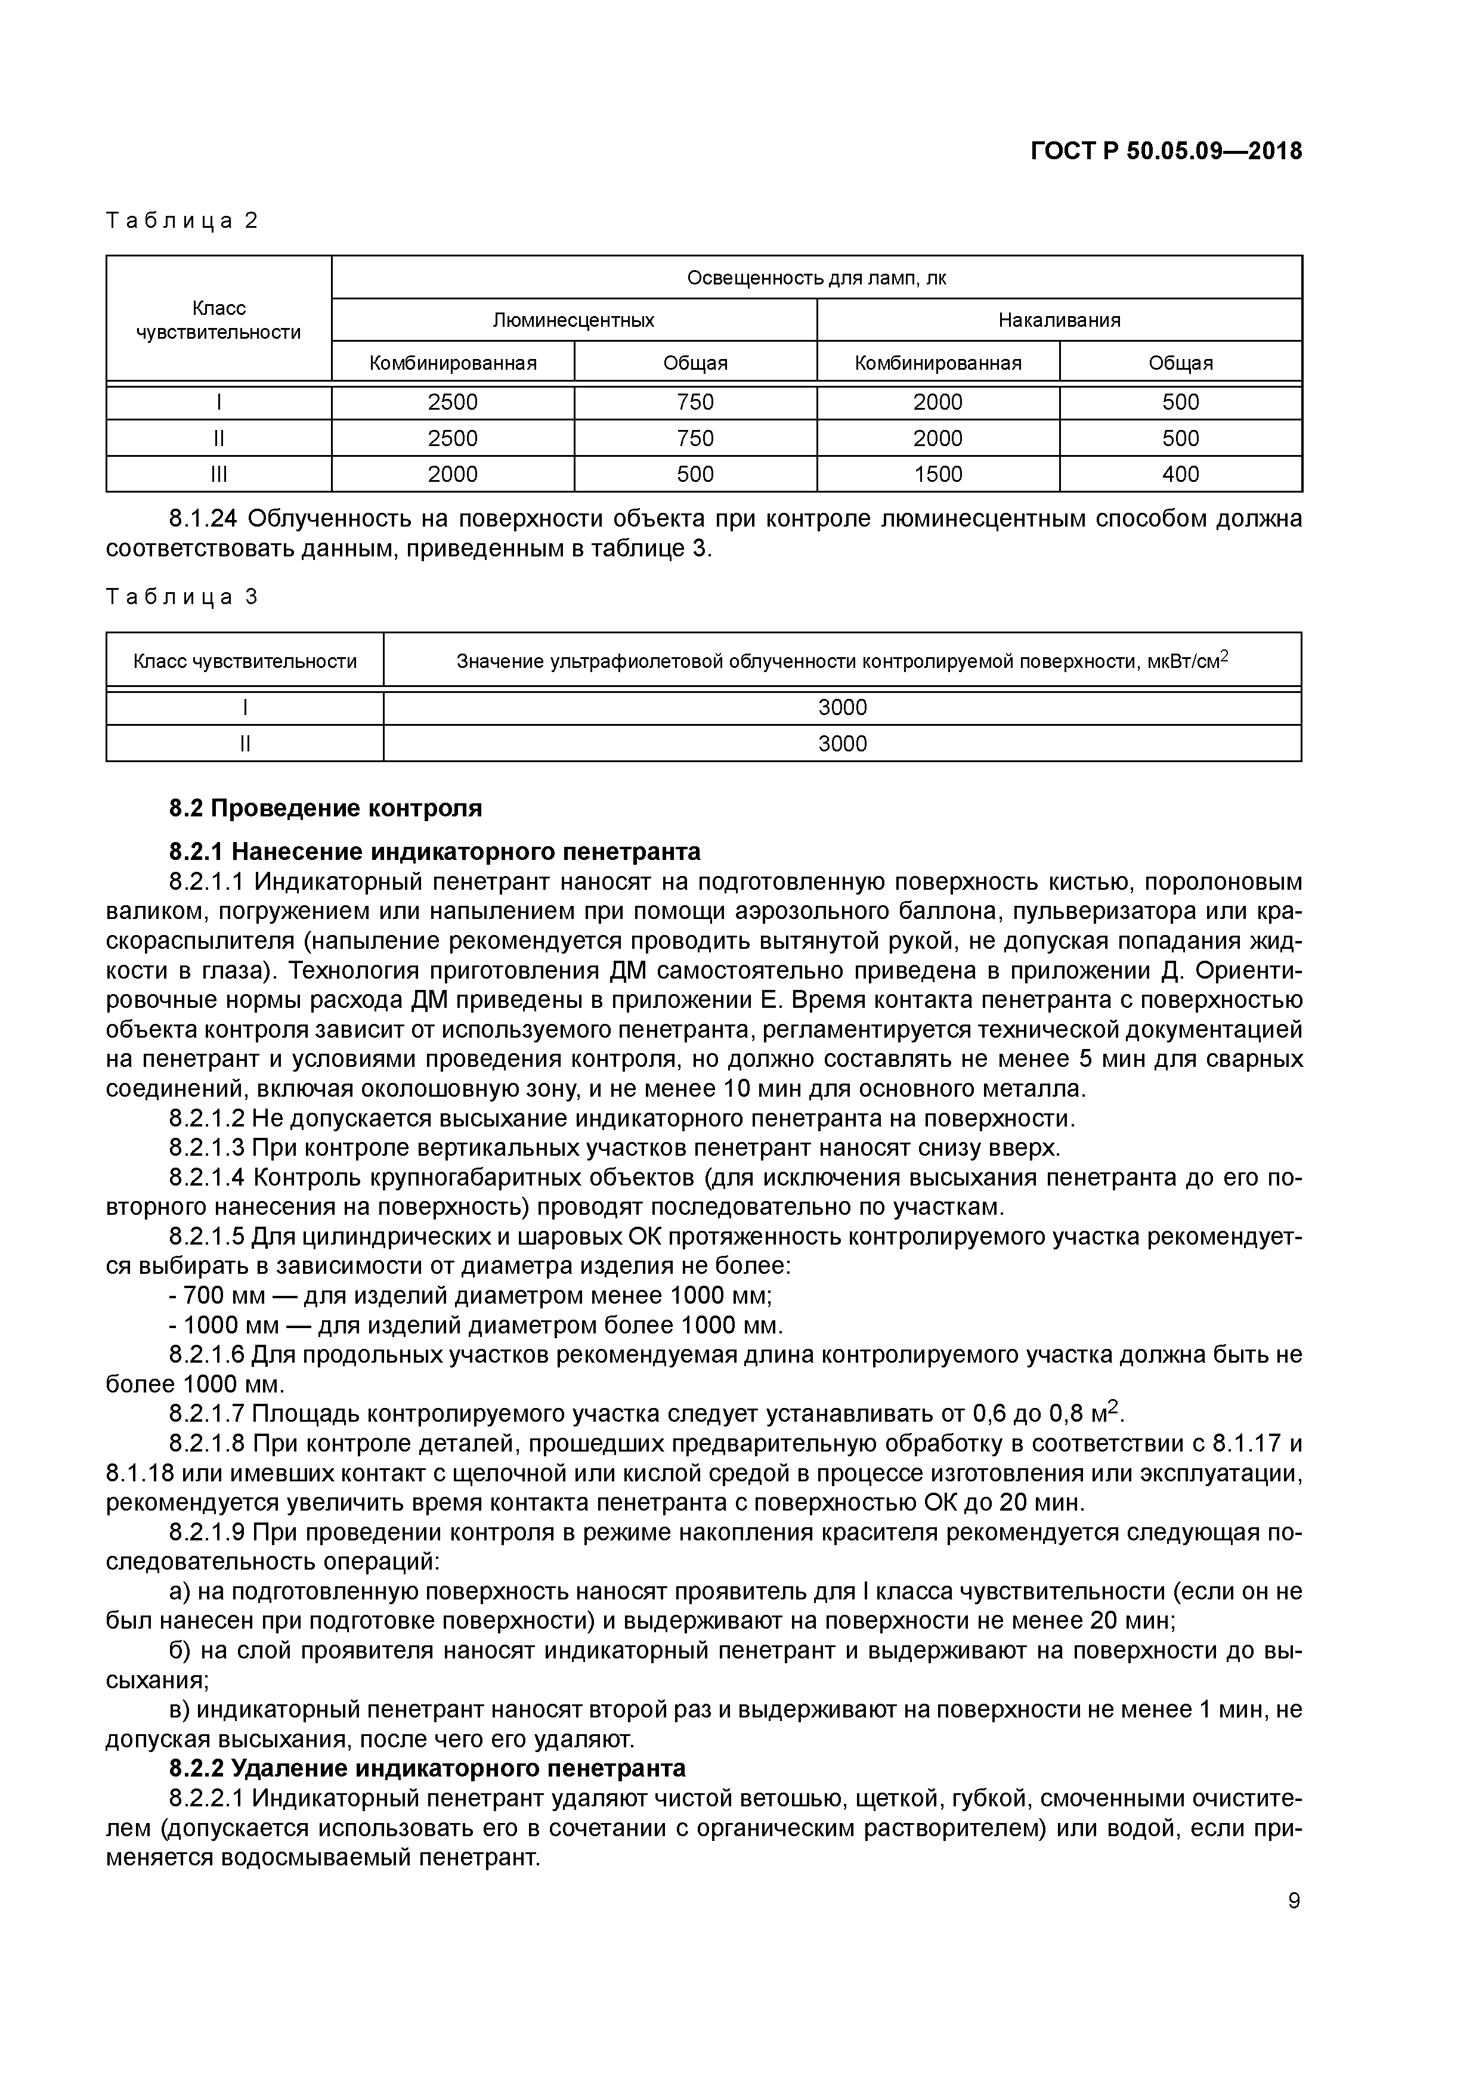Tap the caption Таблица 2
click(182, 221)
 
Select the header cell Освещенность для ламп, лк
click(816, 278)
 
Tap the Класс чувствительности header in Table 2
click(219, 320)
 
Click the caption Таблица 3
click(182, 598)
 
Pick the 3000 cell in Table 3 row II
click(842, 744)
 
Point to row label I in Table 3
click(245, 708)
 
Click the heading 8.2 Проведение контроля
click(326, 808)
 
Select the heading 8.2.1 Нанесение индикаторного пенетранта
click(435, 852)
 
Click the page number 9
click(1294, 1901)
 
